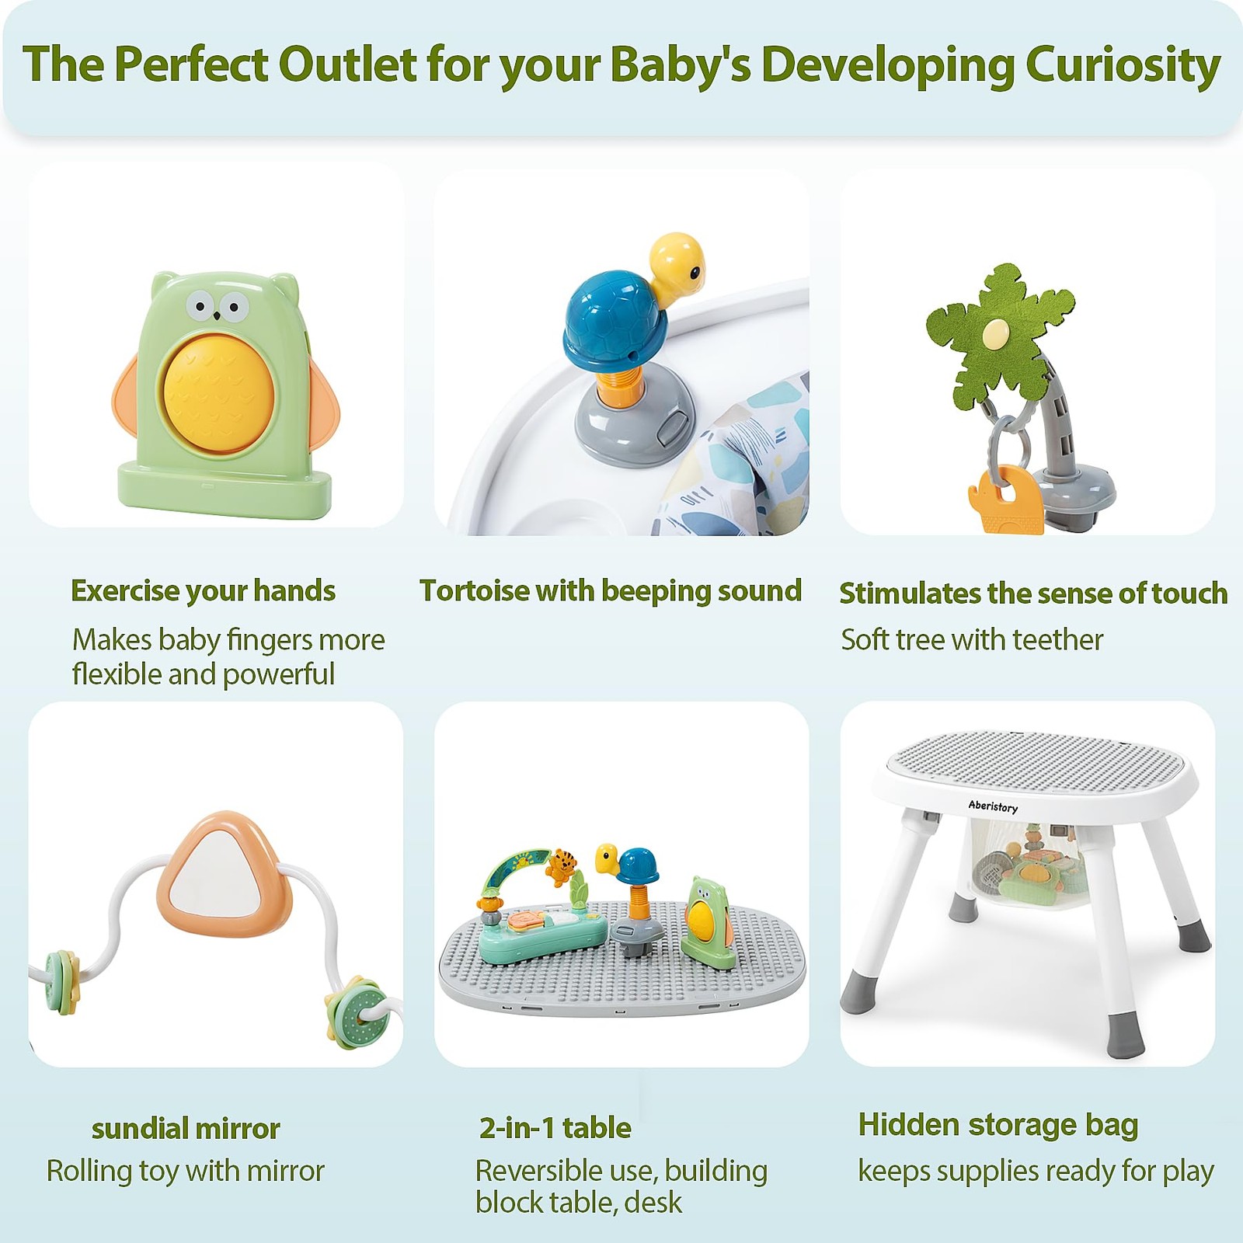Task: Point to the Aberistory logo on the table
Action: tap(992, 806)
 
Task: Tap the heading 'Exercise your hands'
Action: tap(203, 590)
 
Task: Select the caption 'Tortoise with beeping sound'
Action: tap(610, 590)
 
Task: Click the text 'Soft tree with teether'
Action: tap(972, 639)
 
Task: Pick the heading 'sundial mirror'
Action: tap(186, 1128)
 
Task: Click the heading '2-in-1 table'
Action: tap(555, 1127)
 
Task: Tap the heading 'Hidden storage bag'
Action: tap(998, 1124)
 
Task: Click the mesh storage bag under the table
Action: tap(1025, 870)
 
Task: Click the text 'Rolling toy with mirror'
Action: tap(185, 1171)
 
